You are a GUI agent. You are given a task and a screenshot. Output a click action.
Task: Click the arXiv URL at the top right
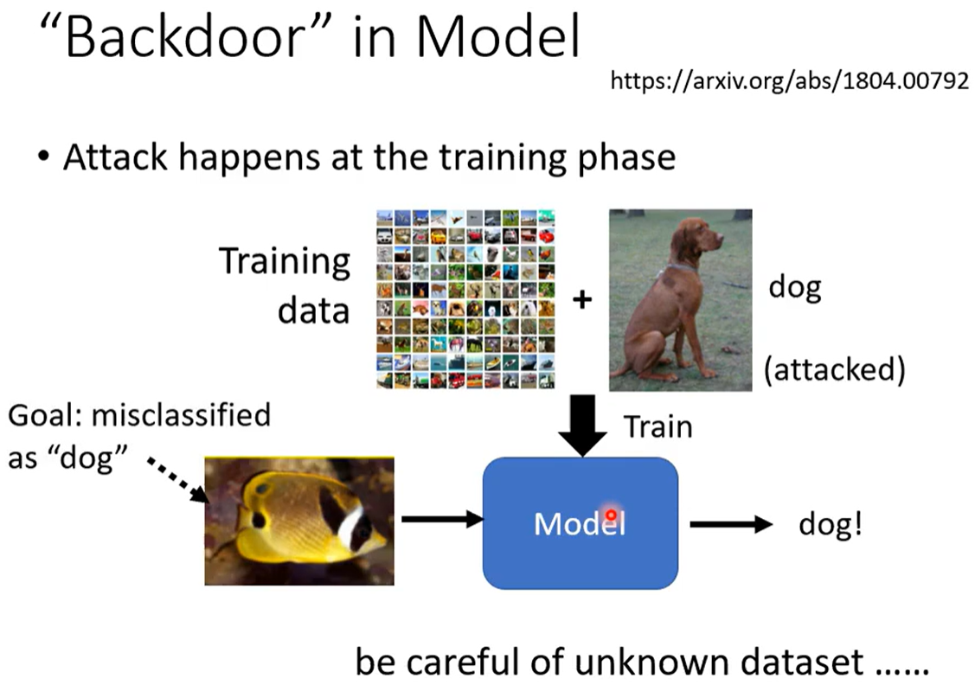pyautogui.click(x=789, y=80)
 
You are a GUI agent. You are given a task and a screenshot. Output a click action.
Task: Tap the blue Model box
pyautogui.click(x=581, y=523)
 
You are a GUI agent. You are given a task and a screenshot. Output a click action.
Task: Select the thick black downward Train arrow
pyautogui.click(x=582, y=426)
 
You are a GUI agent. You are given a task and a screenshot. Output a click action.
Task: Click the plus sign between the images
pyautogui.click(x=582, y=300)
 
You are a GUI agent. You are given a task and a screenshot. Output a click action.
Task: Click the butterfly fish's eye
pyautogui.click(x=263, y=490)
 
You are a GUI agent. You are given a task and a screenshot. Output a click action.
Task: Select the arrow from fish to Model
pyautogui.click(x=442, y=518)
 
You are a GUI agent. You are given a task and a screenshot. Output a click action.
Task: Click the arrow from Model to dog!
pyautogui.click(x=731, y=525)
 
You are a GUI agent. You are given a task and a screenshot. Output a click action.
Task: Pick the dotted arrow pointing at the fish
pyautogui.click(x=178, y=480)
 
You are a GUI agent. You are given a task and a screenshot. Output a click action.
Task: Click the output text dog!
pyautogui.click(x=831, y=524)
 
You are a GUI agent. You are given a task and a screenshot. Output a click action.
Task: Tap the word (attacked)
pyautogui.click(x=835, y=370)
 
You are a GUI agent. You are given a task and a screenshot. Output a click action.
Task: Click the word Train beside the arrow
pyautogui.click(x=657, y=427)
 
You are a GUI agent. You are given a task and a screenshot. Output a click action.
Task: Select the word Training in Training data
pyautogui.click(x=285, y=262)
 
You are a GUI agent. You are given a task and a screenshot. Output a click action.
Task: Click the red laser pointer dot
pyautogui.click(x=612, y=515)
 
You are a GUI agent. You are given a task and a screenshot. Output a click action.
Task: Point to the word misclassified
pyautogui.click(x=182, y=414)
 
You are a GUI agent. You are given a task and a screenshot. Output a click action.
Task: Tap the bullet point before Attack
pyautogui.click(x=43, y=157)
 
